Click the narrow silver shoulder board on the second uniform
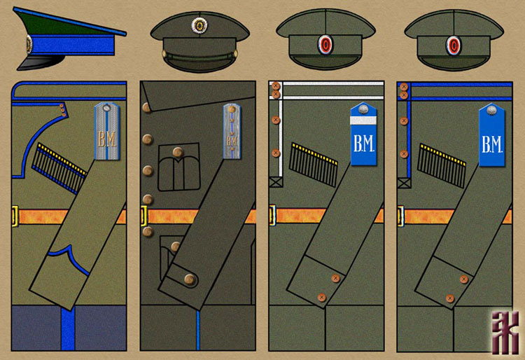click(232, 133)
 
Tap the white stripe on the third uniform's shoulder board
click(365, 123)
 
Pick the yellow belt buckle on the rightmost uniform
click(400, 216)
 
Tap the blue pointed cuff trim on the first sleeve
click(67, 253)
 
